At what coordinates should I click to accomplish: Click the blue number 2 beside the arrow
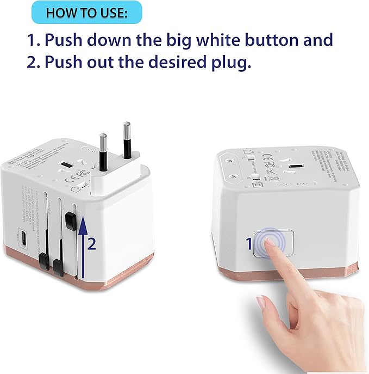(x=92, y=244)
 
